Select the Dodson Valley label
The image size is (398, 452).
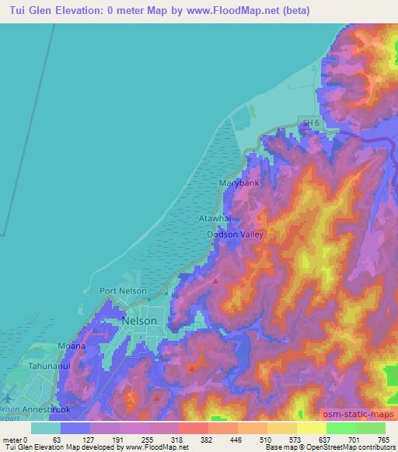236,234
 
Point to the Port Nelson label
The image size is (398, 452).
123,290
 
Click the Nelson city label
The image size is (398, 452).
140,320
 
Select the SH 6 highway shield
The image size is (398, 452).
310,122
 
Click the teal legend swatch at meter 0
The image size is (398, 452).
46,428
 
